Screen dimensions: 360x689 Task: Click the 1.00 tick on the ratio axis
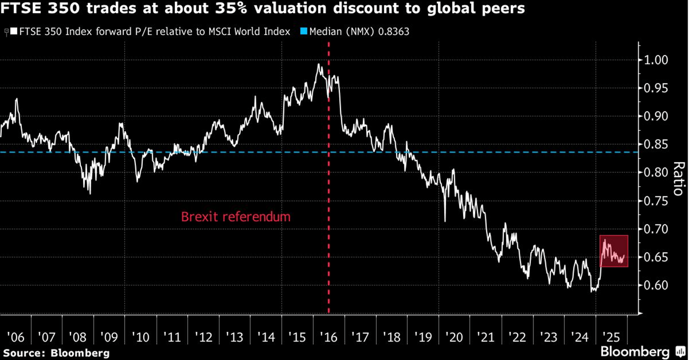point(656,60)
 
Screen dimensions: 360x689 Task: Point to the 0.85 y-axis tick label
point(656,145)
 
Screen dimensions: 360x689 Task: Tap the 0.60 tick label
point(656,285)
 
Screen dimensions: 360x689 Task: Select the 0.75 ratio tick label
point(656,201)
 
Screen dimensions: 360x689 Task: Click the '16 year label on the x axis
point(328,337)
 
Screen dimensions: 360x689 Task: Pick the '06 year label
point(15,337)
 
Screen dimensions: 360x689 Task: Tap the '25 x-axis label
point(611,337)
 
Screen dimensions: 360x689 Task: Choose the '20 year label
point(454,337)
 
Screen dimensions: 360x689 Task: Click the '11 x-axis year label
point(172,337)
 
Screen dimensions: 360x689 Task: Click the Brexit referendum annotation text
point(236,217)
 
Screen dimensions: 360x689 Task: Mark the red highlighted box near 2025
point(614,251)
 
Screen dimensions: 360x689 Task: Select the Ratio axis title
point(679,179)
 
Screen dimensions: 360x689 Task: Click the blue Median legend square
point(303,32)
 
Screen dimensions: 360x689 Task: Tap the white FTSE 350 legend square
point(14,32)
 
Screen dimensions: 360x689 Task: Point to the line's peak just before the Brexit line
point(319,65)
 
